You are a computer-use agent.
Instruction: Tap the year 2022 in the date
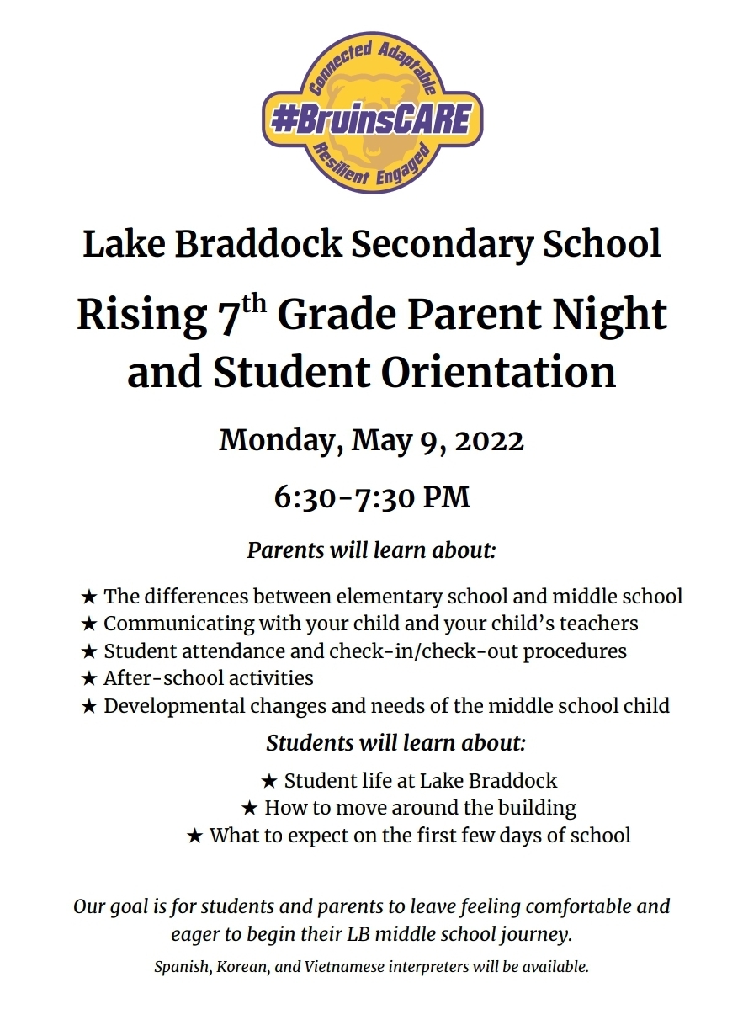pyautogui.click(x=490, y=440)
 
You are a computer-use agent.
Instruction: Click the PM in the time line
pyautogui.click(x=445, y=497)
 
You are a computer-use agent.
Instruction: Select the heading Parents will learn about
pyautogui.click(x=371, y=550)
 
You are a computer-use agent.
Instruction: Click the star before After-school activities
pyautogui.click(x=89, y=678)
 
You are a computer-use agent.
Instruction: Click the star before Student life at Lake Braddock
pyautogui.click(x=269, y=781)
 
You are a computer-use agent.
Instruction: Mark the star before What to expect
pyautogui.click(x=194, y=836)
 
